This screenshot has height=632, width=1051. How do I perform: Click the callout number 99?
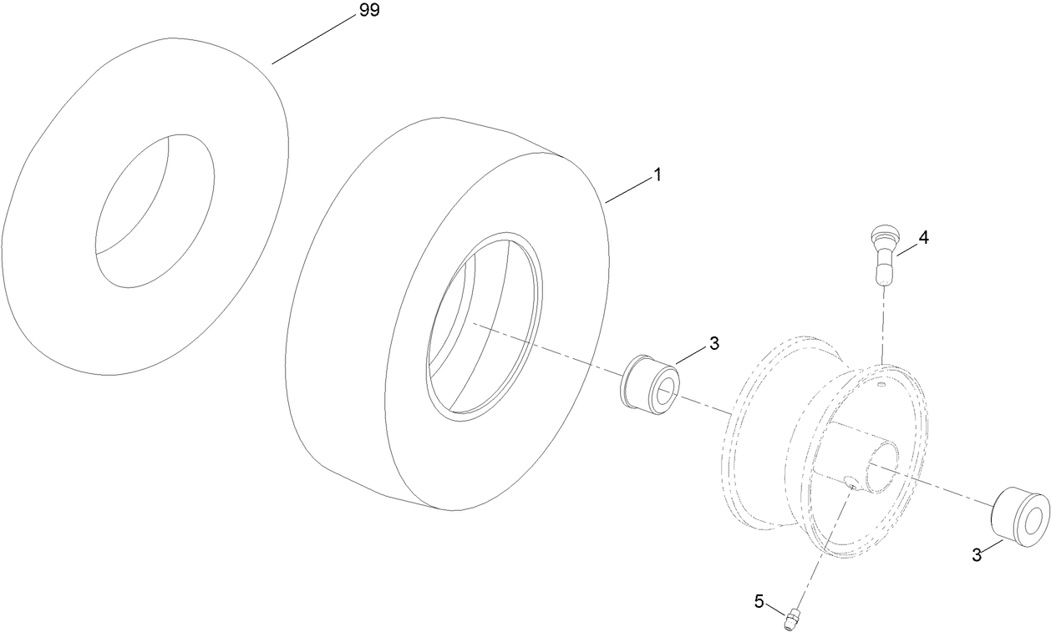368,12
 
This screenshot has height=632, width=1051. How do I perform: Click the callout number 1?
658,175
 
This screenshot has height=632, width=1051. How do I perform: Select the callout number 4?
923,237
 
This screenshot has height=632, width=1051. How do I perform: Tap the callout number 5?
759,600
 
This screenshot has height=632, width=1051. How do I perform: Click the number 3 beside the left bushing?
713,343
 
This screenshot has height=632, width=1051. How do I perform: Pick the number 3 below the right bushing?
977,554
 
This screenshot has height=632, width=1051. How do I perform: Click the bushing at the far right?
1019,516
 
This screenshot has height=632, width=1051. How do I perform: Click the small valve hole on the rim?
882,386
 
